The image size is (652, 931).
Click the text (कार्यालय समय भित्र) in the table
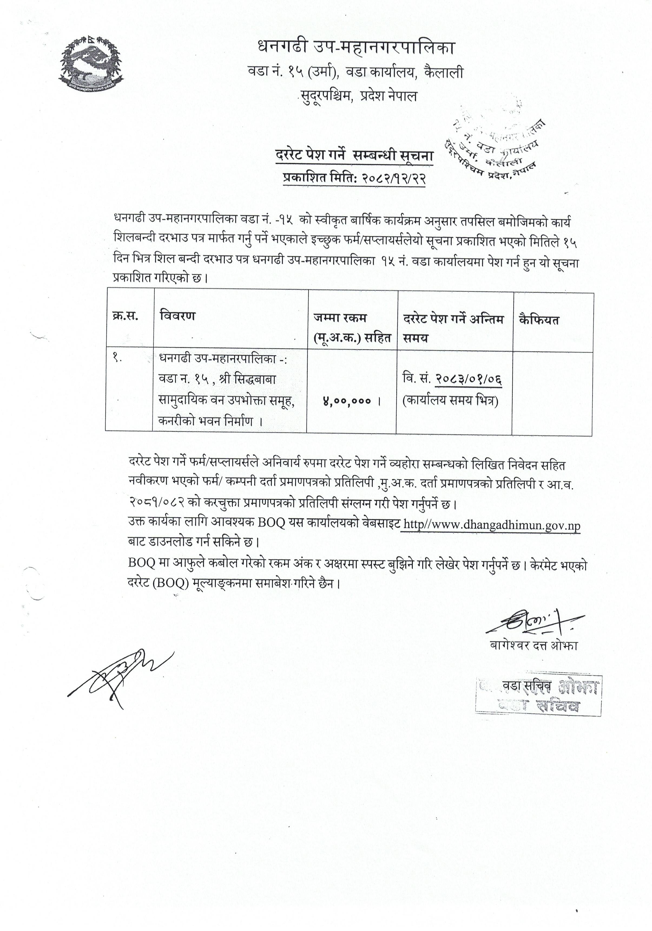[x=450, y=401]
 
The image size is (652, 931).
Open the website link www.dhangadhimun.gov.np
[x=491, y=526]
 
